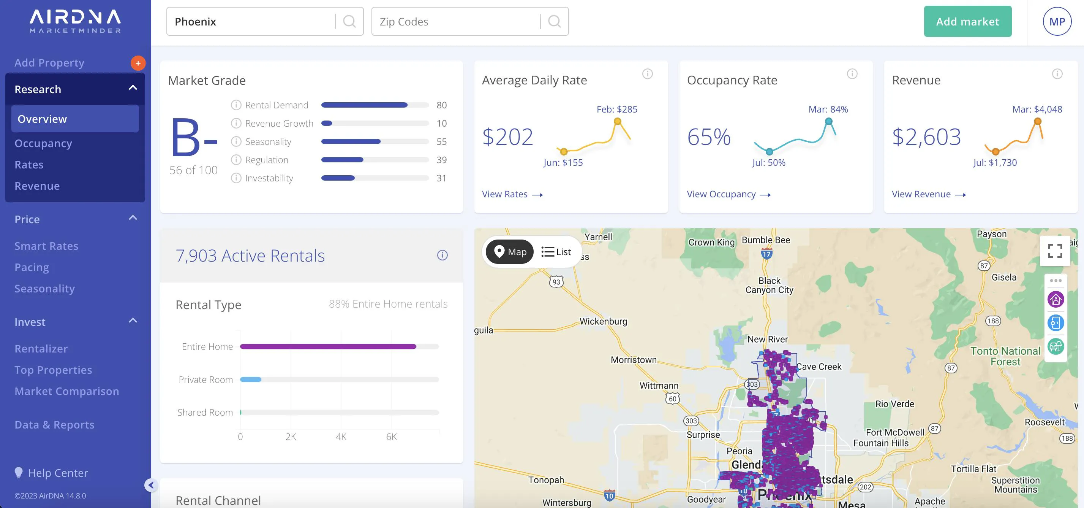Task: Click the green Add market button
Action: click(x=967, y=21)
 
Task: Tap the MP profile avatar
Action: click(x=1057, y=21)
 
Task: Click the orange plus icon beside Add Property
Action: click(x=138, y=63)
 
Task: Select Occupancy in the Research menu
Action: click(x=43, y=143)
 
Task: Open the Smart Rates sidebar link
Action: click(x=46, y=246)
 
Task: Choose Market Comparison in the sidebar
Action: click(x=67, y=391)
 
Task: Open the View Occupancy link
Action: click(x=729, y=194)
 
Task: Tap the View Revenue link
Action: click(x=929, y=194)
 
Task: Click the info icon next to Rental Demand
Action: click(x=236, y=105)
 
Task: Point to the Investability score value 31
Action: click(x=441, y=178)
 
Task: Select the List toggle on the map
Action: click(x=556, y=252)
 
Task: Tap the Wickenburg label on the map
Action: click(x=603, y=321)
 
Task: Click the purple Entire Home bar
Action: click(x=328, y=347)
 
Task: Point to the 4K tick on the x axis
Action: click(x=341, y=437)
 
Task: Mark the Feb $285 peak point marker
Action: click(x=617, y=121)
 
